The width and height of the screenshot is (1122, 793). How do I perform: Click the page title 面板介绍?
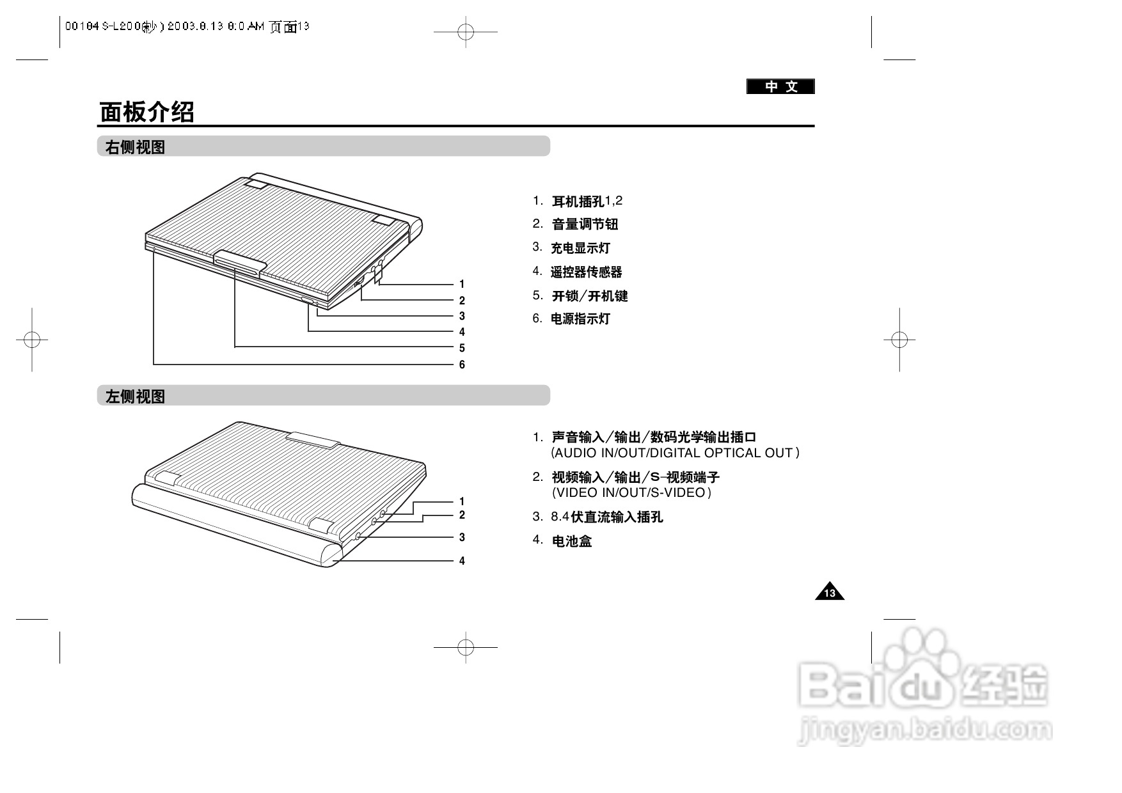pos(147,112)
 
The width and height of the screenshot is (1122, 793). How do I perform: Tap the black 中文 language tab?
pos(780,86)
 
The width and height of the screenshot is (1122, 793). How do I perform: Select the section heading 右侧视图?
pos(135,147)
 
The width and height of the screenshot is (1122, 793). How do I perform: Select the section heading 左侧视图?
pos(135,396)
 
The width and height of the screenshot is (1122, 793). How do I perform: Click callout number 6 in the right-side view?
pos(462,365)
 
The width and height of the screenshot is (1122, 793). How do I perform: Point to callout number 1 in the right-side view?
pos(462,284)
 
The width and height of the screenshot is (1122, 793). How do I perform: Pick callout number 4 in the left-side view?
pos(462,561)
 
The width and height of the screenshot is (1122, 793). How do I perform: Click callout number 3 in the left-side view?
pos(462,537)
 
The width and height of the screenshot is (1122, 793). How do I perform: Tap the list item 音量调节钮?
pos(585,224)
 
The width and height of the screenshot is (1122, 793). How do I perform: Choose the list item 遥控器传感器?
pos(586,272)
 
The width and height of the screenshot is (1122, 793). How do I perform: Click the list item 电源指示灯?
pos(580,318)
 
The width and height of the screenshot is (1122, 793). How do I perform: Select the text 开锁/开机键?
pos(590,295)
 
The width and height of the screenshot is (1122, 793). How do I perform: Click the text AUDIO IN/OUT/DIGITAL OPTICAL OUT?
pos(675,453)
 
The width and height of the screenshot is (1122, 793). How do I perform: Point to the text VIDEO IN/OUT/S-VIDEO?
pos(631,492)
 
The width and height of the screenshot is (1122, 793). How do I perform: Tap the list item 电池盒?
pos(572,541)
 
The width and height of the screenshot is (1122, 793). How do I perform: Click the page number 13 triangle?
pos(830,593)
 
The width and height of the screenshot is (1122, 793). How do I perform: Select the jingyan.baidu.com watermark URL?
pos(925,730)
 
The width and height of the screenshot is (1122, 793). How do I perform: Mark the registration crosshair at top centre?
pos(466,31)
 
